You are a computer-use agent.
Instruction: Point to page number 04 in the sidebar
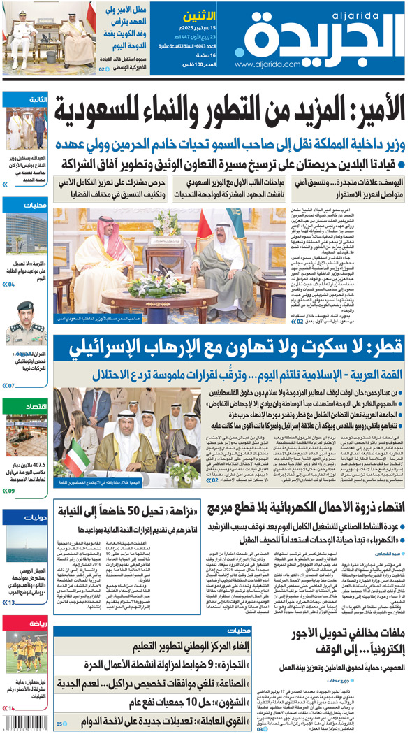point(10,285)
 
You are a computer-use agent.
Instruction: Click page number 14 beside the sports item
point(10,709)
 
